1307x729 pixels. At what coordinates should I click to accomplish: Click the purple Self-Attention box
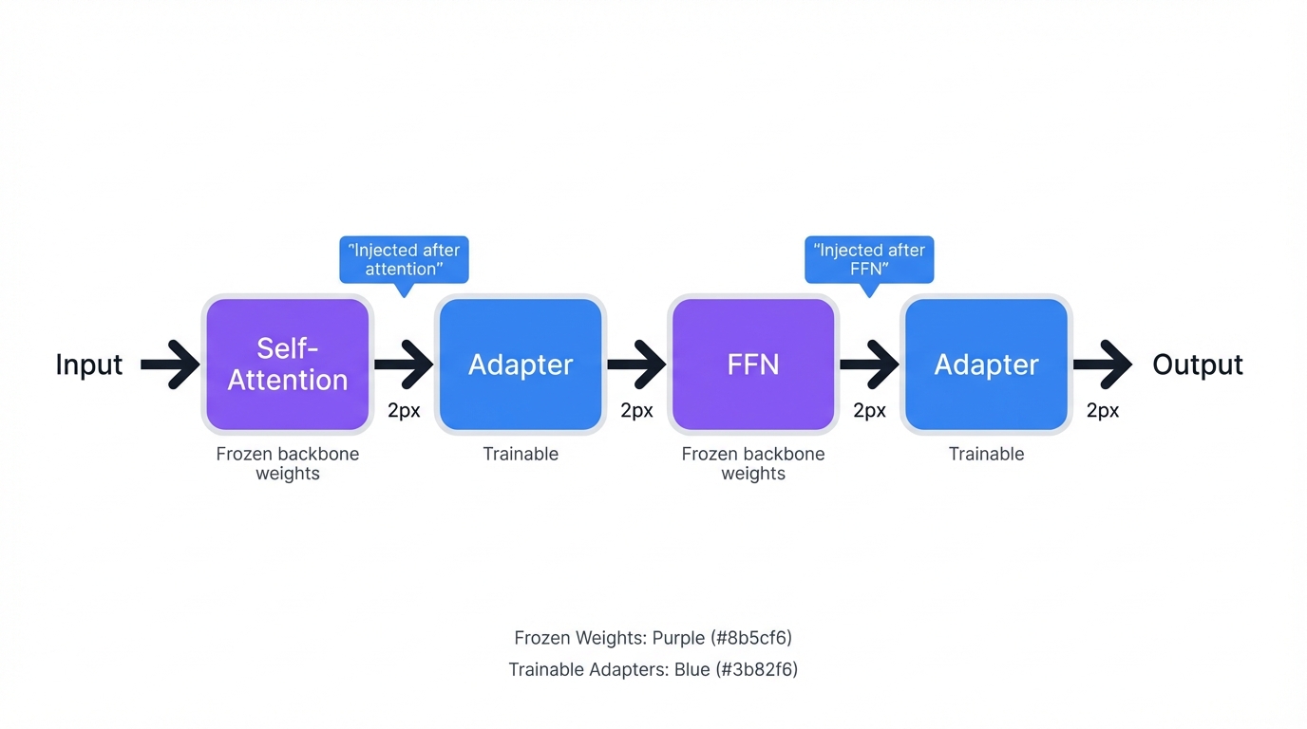click(x=287, y=364)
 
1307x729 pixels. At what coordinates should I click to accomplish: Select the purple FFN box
click(x=753, y=364)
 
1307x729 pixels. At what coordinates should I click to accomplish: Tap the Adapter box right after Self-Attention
click(x=521, y=364)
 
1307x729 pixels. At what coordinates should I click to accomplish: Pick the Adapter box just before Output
click(x=986, y=364)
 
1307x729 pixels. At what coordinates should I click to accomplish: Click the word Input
click(x=89, y=364)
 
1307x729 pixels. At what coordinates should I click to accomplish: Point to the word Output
click(x=1197, y=364)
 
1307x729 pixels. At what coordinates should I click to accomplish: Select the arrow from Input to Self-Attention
click(x=170, y=364)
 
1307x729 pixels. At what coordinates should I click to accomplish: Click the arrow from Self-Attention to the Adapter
click(x=404, y=364)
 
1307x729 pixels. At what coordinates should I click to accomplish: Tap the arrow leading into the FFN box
click(x=636, y=364)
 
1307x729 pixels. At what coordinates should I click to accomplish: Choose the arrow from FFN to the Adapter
click(x=869, y=364)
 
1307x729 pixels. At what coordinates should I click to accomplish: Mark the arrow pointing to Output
click(x=1102, y=364)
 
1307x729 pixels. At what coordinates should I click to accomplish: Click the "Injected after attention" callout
click(x=404, y=259)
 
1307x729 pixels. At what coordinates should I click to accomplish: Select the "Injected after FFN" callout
click(x=869, y=259)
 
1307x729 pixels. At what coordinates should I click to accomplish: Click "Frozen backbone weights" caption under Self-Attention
click(x=287, y=463)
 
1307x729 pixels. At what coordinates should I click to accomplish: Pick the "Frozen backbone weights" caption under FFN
click(x=753, y=463)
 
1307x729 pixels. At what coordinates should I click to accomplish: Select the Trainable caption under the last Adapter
click(x=986, y=454)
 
